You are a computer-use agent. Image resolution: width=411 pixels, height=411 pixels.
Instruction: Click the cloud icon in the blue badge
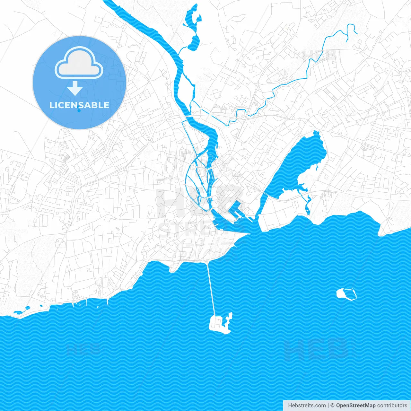[79, 63]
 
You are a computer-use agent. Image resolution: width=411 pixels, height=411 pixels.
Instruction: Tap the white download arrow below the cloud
[75, 88]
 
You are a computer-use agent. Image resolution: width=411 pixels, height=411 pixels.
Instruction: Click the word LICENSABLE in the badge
[79, 105]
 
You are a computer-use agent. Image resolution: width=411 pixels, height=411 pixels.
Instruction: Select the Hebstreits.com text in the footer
[307, 406]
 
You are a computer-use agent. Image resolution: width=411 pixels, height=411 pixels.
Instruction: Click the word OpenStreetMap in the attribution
[355, 406]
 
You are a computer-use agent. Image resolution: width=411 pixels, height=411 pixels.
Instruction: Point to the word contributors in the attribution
[392, 406]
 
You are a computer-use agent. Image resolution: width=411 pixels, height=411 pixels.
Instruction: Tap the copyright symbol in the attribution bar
[332, 406]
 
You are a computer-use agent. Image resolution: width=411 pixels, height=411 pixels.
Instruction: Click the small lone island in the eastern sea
[346, 294]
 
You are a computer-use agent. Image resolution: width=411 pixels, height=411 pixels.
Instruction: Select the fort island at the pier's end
[220, 324]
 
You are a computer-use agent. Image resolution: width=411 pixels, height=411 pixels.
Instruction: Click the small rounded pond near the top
[194, 43]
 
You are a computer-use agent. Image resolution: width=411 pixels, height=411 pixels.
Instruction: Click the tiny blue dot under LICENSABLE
[79, 111]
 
